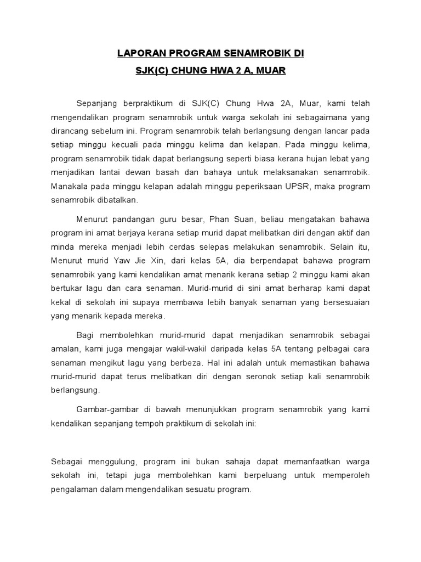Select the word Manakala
coord(70,186)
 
